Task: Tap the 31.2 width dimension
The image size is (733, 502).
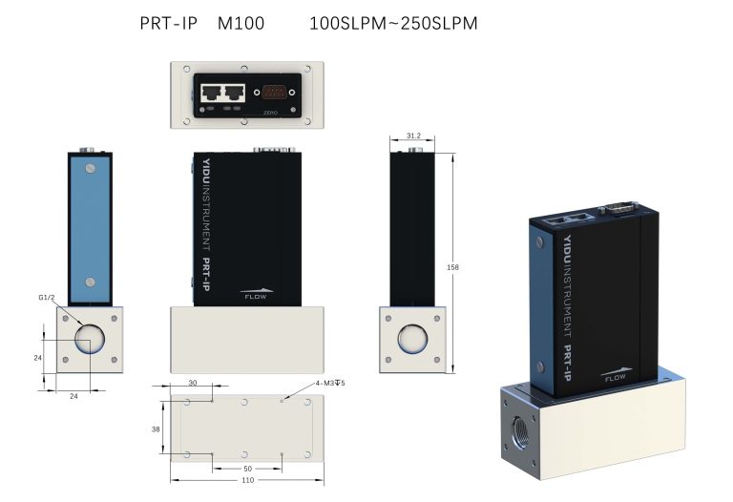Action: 413,136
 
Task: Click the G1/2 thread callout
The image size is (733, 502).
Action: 47,298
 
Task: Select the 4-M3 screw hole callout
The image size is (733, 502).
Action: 330,384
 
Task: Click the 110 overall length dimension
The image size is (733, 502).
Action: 246,480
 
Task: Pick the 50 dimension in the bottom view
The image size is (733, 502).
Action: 247,469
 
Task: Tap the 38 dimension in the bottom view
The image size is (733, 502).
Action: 156,429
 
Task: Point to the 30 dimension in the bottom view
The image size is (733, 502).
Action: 192,383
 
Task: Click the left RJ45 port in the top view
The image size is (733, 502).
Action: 209,94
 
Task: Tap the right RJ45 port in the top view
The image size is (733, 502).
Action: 233,94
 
